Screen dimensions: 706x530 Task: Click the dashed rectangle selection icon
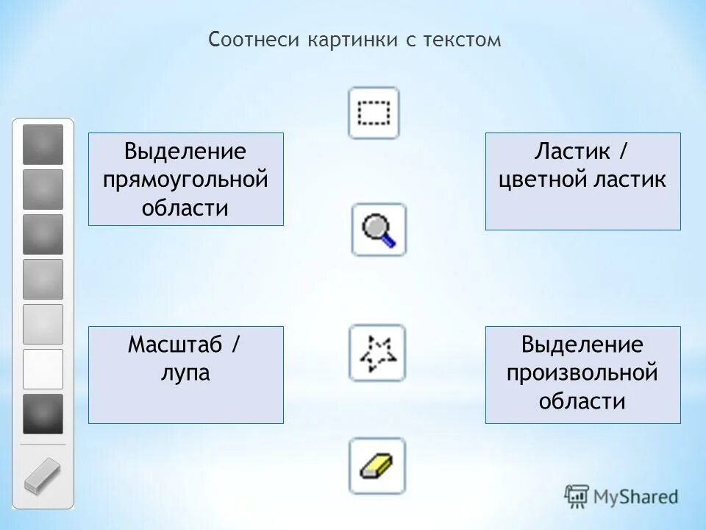coord(374,113)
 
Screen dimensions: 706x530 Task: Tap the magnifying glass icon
coord(379,230)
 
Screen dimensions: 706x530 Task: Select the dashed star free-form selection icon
coord(377,353)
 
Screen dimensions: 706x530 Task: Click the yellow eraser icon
coord(377,466)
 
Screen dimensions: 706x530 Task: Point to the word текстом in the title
coord(462,40)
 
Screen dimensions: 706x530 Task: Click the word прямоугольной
coord(185,180)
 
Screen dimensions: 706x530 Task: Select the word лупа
coord(185,372)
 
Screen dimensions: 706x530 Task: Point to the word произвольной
coord(582,372)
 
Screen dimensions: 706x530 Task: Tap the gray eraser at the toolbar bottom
coord(43,476)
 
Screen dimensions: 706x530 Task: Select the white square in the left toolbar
coord(43,369)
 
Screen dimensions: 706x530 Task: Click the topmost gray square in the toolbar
coord(43,144)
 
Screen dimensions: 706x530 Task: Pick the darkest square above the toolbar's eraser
coord(43,414)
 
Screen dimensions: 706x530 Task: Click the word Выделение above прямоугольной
coord(185,152)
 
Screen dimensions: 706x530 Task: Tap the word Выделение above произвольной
coord(582,344)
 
